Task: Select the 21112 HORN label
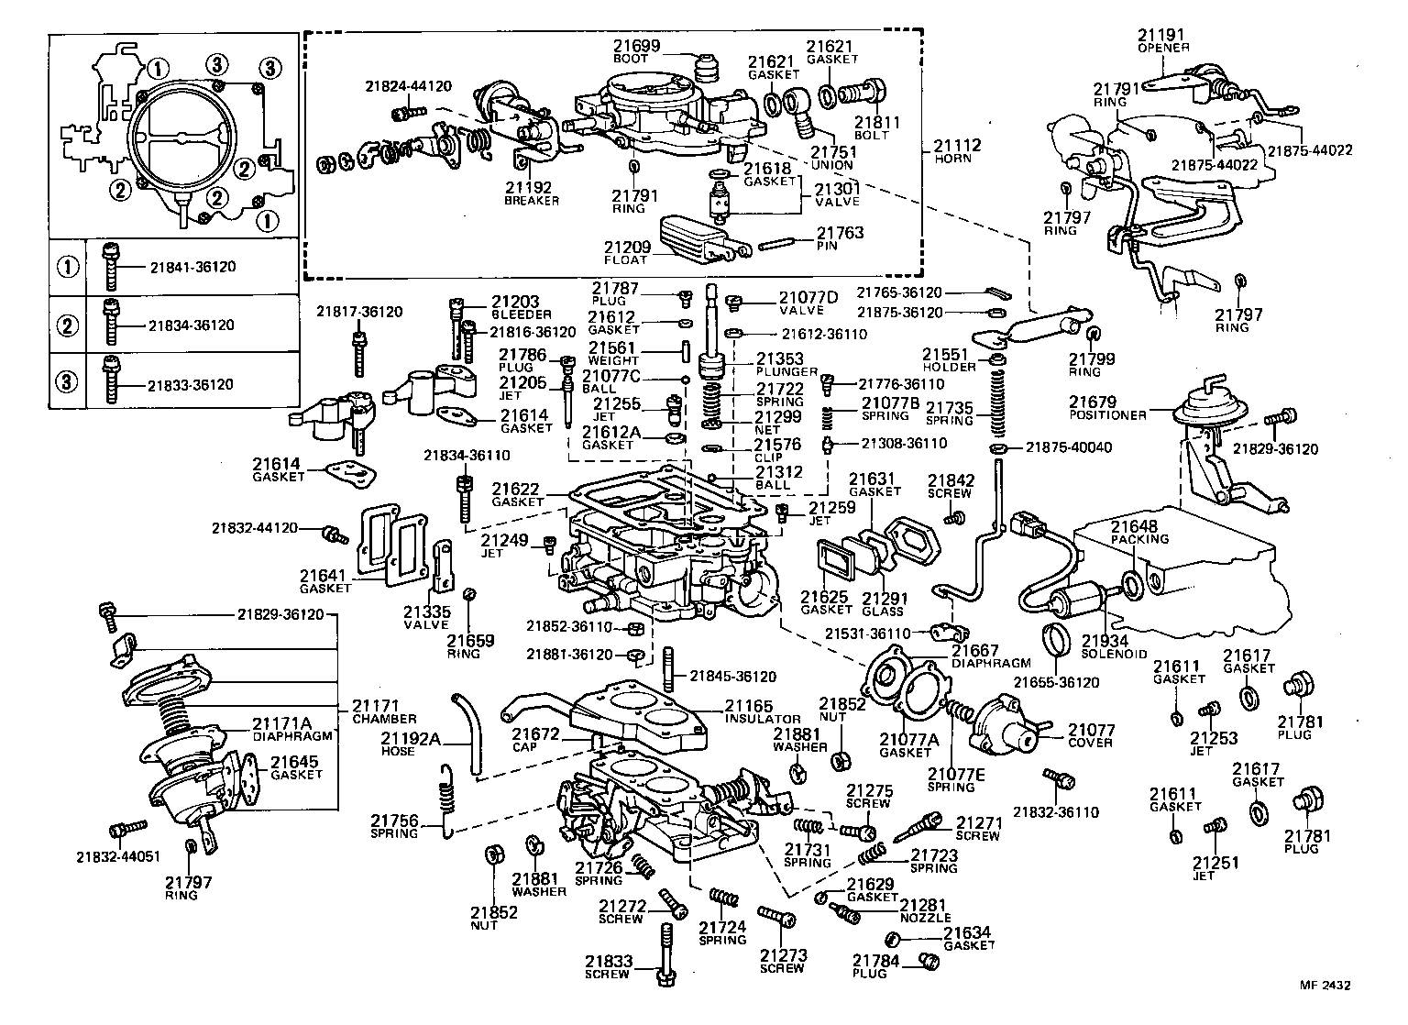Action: point(957,150)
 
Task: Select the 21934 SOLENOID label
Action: point(1114,647)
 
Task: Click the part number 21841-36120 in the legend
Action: point(192,267)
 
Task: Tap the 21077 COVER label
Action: point(1092,735)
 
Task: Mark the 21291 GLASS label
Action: point(883,604)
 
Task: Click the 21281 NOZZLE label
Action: point(924,910)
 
